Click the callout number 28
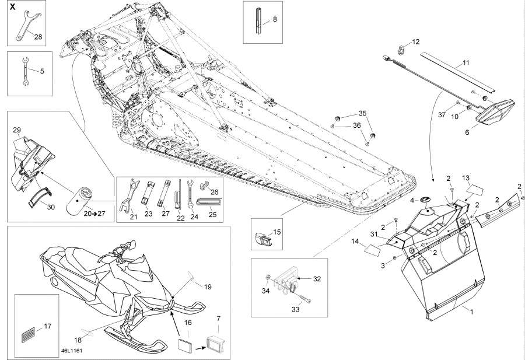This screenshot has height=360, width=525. click(x=38, y=37)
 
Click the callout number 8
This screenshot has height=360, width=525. click(x=275, y=19)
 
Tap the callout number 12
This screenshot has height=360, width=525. click(x=416, y=41)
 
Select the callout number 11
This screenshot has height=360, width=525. click(x=466, y=62)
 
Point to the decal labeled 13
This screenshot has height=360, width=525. click(x=476, y=190)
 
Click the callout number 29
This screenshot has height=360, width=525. click(x=16, y=130)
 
